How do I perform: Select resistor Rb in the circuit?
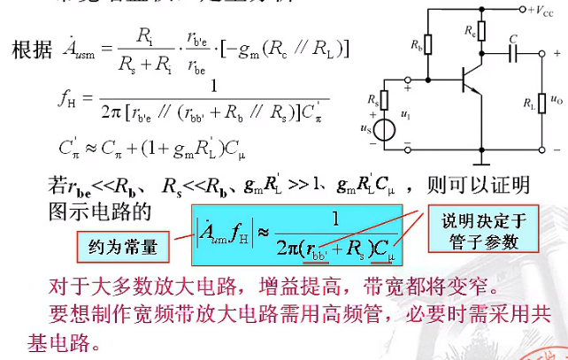coord(429,45)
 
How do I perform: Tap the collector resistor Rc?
coord(480,32)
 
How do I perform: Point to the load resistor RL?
coord(540,103)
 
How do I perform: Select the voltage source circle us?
coord(383,130)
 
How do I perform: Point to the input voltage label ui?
coord(406,114)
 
